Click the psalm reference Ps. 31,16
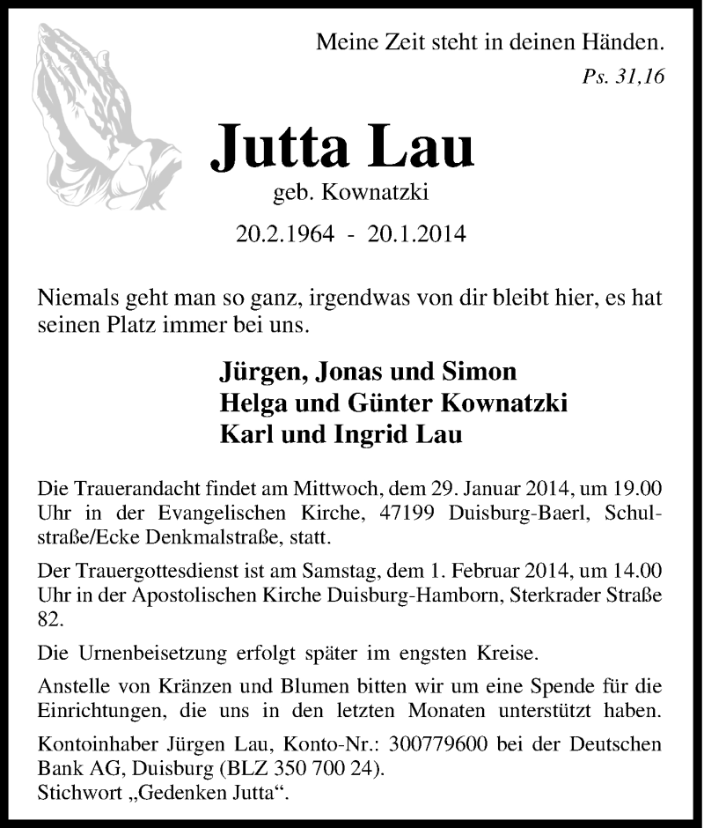tap(623, 76)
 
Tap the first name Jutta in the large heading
tap(274, 145)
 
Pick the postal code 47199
tap(391, 513)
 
